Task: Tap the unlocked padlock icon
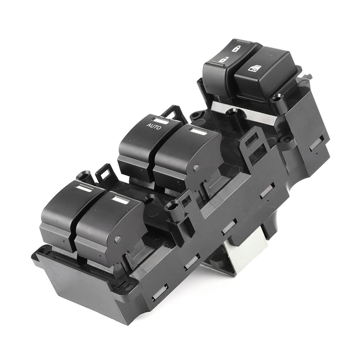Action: pyautogui.click(x=223, y=60)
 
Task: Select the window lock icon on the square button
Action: pyautogui.click(x=254, y=68)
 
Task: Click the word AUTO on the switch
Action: pyautogui.click(x=154, y=126)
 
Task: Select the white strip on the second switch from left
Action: pyautogui.click(x=120, y=200)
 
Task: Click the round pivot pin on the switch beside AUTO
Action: pyautogui.click(x=196, y=168)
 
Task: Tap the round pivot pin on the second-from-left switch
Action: pyautogui.click(x=117, y=239)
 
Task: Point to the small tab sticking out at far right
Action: pyautogui.click(x=308, y=76)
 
